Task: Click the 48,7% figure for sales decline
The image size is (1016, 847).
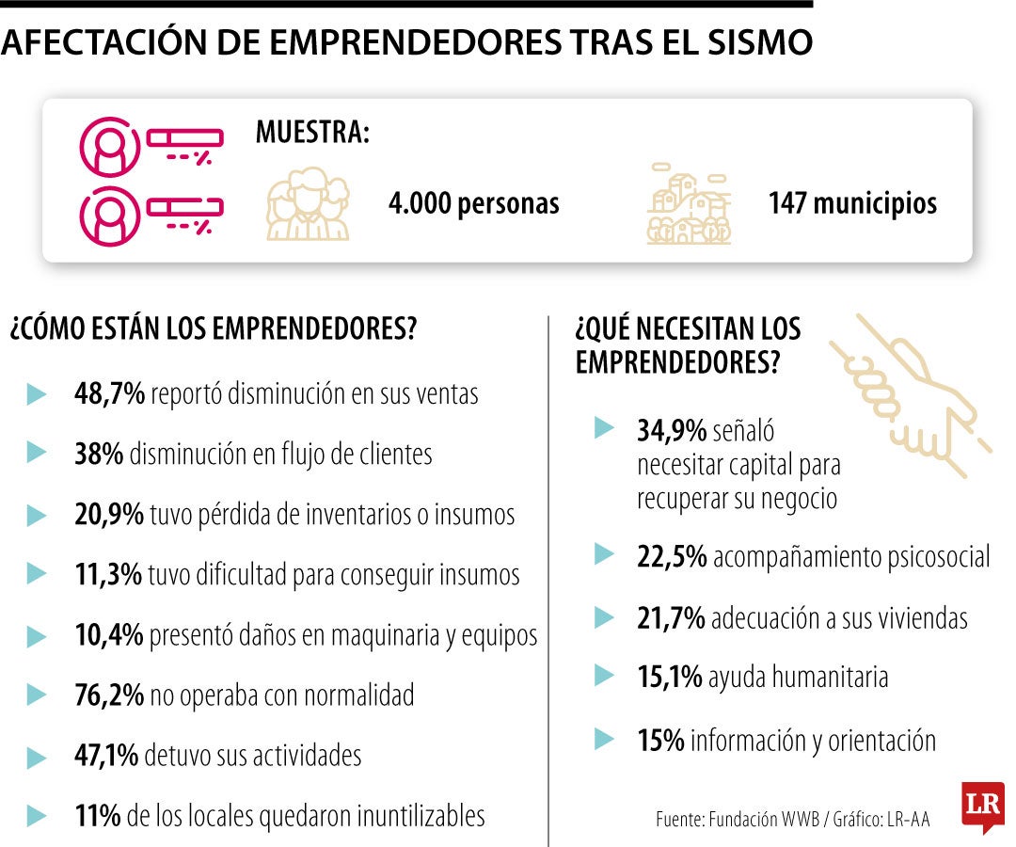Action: [x=109, y=393]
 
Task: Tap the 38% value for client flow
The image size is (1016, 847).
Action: [x=99, y=454]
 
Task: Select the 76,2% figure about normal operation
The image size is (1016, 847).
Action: [x=109, y=695]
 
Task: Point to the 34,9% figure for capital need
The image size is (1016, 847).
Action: [x=672, y=430]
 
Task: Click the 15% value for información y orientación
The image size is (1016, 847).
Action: [x=660, y=740]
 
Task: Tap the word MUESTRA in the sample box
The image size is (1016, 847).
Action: [x=312, y=132]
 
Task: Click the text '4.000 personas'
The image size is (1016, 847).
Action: [x=473, y=203]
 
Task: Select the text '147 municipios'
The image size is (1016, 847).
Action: [x=852, y=203]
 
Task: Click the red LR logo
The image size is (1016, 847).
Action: [x=983, y=807]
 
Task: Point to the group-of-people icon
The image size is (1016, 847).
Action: [x=308, y=203]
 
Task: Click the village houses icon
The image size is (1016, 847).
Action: [x=690, y=203]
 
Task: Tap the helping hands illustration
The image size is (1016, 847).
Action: [x=911, y=395]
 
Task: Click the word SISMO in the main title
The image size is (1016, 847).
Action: [x=759, y=42]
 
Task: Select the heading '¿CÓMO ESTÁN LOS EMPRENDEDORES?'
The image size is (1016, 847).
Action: [x=214, y=328]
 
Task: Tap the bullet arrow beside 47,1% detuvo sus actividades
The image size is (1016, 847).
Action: [x=37, y=757]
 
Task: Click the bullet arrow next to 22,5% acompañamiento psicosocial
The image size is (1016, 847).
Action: [x=604, y=554]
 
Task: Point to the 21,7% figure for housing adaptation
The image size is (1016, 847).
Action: [x=671, y=617]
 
